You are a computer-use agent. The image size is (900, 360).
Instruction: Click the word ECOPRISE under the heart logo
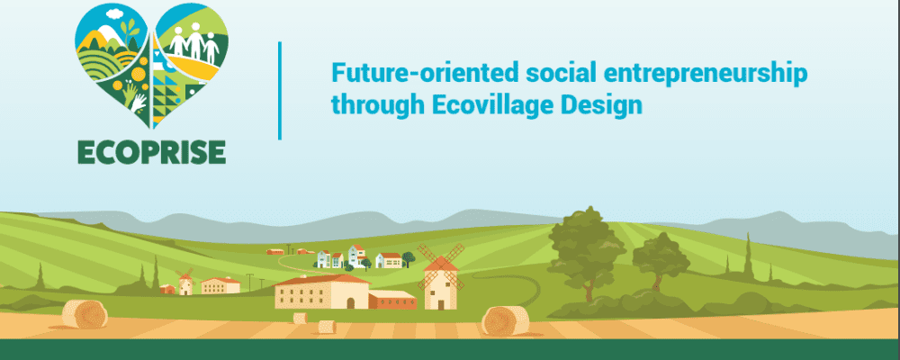[x=151, y=151]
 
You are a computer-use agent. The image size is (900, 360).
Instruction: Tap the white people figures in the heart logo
[x=194, y=42]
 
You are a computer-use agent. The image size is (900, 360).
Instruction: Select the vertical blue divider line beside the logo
[x=280, y=90]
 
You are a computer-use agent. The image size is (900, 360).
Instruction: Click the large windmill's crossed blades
[x=441, y=265]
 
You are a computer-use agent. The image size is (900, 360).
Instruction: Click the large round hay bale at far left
[x=85, y=314]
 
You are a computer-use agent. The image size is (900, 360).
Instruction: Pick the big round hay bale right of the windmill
[x=505, y=320]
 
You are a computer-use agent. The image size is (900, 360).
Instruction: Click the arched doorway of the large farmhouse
[x=351, y=302]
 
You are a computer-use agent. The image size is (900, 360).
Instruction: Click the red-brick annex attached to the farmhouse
[x=392, y=300]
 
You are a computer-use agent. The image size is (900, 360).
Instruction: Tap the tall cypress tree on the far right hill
[x=748, y=257]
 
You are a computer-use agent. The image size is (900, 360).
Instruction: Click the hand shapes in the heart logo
[x=134, y=97]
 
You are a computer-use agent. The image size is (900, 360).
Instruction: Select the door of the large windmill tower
[x=440, y=302]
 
